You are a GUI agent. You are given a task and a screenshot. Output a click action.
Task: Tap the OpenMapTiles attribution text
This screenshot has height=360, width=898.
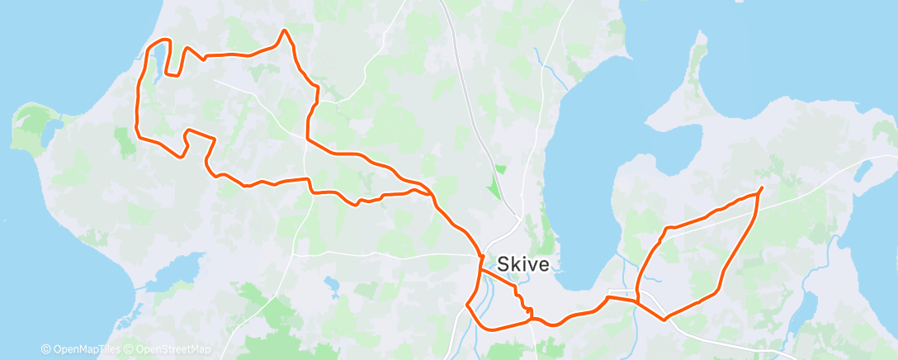[80, 349]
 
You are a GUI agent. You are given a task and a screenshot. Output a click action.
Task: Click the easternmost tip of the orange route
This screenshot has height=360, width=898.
[761, 188]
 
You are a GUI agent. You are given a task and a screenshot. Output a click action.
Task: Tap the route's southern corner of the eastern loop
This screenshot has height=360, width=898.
[664, 318]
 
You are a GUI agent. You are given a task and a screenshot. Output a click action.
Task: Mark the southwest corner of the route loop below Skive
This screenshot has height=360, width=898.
[468, 305]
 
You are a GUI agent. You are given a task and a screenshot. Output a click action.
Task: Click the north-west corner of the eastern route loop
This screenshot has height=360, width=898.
[666, 228]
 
